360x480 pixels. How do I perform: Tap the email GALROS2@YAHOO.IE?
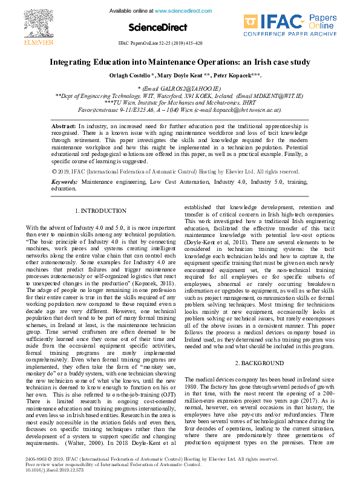click(188, 88)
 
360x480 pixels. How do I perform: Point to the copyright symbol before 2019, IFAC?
click(55, 172)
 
